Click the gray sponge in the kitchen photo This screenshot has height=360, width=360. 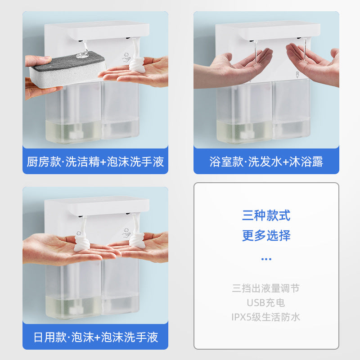tap(68, 69)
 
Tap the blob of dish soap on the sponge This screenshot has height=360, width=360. tap(83, 54)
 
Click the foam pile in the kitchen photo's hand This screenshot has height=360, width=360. tap(137, 65)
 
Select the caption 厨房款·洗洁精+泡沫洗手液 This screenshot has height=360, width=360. tap(95, 162)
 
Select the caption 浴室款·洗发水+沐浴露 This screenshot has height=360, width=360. tap(266, 162)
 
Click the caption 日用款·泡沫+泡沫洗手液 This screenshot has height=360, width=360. tap(95, 337)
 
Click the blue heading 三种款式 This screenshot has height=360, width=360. tap(266, 216)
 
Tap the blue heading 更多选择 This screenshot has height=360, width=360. tap(266, 235)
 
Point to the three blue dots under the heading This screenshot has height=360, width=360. tap(266, 259)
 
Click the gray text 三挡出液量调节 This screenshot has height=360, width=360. tap(266, 288)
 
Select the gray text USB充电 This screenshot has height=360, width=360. tap(266, 303)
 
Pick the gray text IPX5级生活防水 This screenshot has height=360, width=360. tap(266, 317)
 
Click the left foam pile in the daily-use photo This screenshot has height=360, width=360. tap(82, 243)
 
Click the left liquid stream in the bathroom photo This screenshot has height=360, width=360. tap(256, 53)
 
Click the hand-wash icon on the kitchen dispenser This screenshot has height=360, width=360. tap(126, 58)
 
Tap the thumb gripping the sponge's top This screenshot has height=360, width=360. tap(38, 61)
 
